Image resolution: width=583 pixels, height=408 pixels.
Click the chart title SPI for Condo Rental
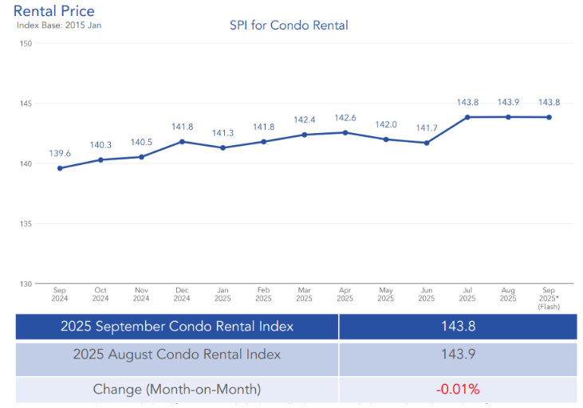point(289,25)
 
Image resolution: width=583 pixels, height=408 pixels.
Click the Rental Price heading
point(54,10)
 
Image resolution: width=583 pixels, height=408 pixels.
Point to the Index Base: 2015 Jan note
point(59,25)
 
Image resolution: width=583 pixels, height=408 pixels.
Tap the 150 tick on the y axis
point(26,44)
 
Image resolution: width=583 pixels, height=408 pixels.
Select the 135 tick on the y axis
point(26,224)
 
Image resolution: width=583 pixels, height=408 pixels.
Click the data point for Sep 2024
point(60,168)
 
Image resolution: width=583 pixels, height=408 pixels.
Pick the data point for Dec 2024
point(182,142)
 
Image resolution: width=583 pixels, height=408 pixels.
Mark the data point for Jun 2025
point(427,143)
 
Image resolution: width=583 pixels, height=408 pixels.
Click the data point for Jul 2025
point(467,117)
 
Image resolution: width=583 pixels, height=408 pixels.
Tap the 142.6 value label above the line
point(345,119)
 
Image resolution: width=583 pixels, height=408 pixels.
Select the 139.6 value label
point(60,153)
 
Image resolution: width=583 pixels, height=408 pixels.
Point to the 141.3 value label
point(223,133)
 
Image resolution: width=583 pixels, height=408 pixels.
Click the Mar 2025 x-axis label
point(304,294)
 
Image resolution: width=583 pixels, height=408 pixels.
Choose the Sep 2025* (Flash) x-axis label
point(549,297)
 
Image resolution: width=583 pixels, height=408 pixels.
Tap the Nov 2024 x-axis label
point(141,294)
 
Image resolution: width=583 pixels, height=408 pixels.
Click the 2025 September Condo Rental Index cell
point(177,327)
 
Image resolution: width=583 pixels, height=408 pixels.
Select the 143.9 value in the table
point(458,355)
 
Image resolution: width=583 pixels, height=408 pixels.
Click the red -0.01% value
point(458,390)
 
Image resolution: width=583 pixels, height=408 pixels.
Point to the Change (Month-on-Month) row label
point(177,390)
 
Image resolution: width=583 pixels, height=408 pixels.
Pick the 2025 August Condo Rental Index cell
point(177,355)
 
